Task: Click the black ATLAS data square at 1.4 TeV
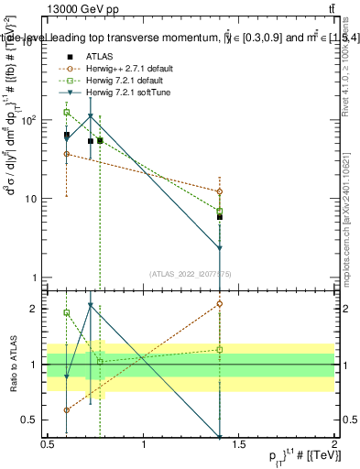tap(220, 217)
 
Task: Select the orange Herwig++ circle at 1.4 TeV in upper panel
tap(220, 191)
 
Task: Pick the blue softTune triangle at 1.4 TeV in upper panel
tap(220, 248)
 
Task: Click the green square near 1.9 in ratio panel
tap(67, 312)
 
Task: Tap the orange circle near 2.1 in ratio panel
tap(220, 303)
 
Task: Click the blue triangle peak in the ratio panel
tap(90, 306)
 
